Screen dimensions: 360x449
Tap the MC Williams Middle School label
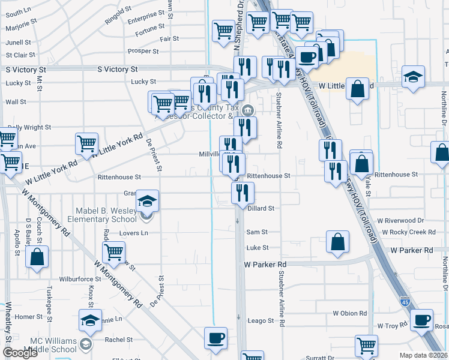pyautogui.click(x=54, y=345)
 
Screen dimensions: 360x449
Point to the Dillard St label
pyautogui.click(x=261, y=208)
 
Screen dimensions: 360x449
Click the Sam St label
pyautogui.click(x=256, y=232)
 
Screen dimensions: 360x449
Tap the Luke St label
pyautogui.click(x=257, y=247)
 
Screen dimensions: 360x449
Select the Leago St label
pyautogui.click(x=261, y=321)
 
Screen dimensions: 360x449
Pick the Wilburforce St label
pyautogui.click(x=80, y=279)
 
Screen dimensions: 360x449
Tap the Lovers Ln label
pyautogui.click(x=133, y=233)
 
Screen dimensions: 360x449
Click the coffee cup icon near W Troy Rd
pyautogui.click(x=421, y=320)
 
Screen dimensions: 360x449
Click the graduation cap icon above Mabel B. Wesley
pyautogui.click(x=146, y=201)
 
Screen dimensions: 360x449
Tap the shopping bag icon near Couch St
pyautogui.click(x=37, y=256)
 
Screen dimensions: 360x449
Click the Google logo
pyautogui.click(x=20, y=353)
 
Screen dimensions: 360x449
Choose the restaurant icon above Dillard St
pyautogui.click(x=243, y=193)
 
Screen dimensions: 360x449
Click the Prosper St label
pyautogui.click(x=143, y=51)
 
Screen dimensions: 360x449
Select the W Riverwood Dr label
pyautogui.click(x=402, y=221)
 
